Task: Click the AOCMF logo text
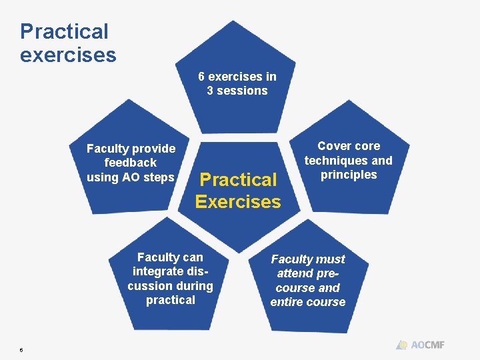[427, 345]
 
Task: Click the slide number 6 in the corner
[21, 349]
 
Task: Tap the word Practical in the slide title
[64, 31]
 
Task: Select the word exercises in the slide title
[68, 55]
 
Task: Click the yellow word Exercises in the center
[238, 201]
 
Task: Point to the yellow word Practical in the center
[238, 179]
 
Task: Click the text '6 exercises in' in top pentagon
[237, 76]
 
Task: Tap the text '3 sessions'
[237, 91]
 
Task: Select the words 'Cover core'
[349, 146]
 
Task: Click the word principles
[349, 175]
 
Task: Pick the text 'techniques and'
[349, 161]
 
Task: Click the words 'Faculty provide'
[131, 149]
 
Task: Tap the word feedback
[131, 163]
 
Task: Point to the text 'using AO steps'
[131, 177]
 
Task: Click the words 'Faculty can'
[170, 257]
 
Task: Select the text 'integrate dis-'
[170, 271]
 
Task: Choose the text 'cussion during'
[170, 286]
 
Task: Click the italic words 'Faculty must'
[308, 259]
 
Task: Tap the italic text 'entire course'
[308, 302]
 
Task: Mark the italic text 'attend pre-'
[308, 273]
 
